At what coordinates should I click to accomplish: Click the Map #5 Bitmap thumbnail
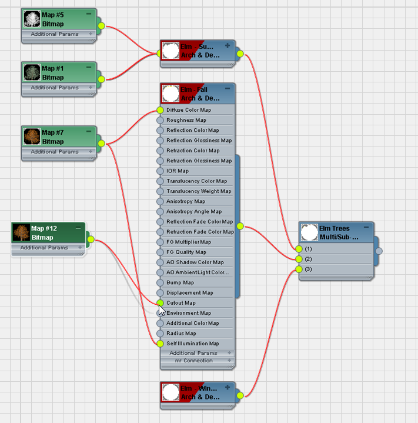(x=32, y=19)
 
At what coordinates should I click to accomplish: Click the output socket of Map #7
(x=101, y=143)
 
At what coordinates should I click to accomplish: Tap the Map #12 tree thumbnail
(x=21, y=233)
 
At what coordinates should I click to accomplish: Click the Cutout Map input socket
(x=160, y=303)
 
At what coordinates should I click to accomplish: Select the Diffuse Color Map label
(x=188, y=110)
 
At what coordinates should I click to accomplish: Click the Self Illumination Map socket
(x=160, y=344)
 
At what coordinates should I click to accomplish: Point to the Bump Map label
(x=180, y=283)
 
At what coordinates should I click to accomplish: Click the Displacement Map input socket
(x=160, y=293)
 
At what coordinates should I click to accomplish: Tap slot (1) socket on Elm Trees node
(x=299, y=249)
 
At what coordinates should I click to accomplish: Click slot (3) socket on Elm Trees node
(x=299, y=269)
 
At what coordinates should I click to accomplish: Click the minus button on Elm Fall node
(x=227, y=89)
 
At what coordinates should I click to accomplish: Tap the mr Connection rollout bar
(x=193, y=361)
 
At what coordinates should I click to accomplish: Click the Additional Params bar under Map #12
(x=45, y=248)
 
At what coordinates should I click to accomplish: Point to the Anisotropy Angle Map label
(x=193, y=211)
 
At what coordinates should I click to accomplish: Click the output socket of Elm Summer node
(x=240, y=54)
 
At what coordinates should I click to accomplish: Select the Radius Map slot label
(x=181, y=334)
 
